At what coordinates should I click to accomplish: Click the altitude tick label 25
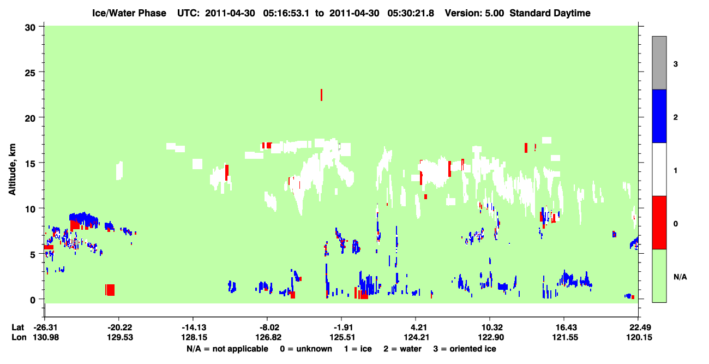coord(31,73)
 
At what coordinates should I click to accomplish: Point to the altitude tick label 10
coord(31,209)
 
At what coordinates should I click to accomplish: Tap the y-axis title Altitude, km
coord(12,169)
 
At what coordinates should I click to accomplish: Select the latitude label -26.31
coord(46,327)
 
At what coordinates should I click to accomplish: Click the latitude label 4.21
coord(416,327)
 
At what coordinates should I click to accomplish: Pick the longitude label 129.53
coord(120,337)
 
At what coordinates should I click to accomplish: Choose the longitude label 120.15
coord(639,337)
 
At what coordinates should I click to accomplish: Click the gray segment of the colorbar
coord(659,63)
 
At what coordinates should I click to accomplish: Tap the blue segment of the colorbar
coord(659,116)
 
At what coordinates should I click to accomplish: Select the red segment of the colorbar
coord(659,223)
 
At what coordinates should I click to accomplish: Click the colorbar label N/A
coord(680,277)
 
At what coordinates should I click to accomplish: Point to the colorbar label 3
coord(675,64)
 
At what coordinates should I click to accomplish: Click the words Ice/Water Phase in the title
coord(129,13)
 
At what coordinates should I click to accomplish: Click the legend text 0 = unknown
coord(306,349)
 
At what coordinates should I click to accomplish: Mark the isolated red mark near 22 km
coord(322,95)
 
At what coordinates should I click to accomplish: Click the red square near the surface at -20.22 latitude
coord(110,290)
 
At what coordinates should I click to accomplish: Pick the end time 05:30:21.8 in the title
coord(411,13)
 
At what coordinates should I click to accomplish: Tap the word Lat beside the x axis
coord(17,327)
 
